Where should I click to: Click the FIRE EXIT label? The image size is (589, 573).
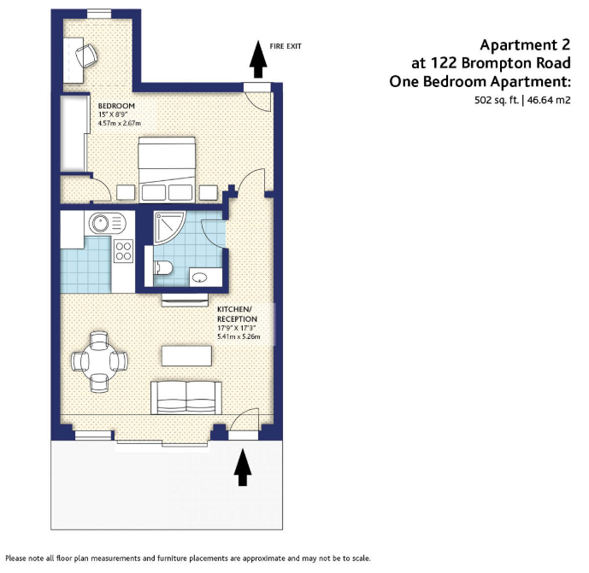[286, 46]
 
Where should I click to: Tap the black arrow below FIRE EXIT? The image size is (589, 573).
[258, 59]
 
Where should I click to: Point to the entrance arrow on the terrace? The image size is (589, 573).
[243, 467]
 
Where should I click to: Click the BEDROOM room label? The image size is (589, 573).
[116, 106]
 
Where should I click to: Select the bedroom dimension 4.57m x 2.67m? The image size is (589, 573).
[120, 123]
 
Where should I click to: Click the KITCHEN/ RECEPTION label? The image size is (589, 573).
[237, 314]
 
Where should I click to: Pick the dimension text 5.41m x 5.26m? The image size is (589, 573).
[239, 336]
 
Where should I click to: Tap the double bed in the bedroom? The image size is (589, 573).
[167, 170]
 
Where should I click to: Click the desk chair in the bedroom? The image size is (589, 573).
[87, 56]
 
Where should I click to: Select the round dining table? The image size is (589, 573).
[99, 361]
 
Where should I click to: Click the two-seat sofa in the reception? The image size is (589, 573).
[186, 398]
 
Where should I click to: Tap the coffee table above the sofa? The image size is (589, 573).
[186, 356]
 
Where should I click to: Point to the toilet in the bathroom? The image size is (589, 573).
[163, 268]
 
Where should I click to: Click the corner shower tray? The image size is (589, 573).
[168, 226]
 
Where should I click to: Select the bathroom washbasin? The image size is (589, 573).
[199, 278]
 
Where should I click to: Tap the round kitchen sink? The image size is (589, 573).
[100, 223]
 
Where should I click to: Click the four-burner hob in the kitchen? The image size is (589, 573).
[124, 251]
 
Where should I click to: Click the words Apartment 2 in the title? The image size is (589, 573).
[525, 45]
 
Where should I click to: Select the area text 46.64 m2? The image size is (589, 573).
[549, 100]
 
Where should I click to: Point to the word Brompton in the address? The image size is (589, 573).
[497, 64]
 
